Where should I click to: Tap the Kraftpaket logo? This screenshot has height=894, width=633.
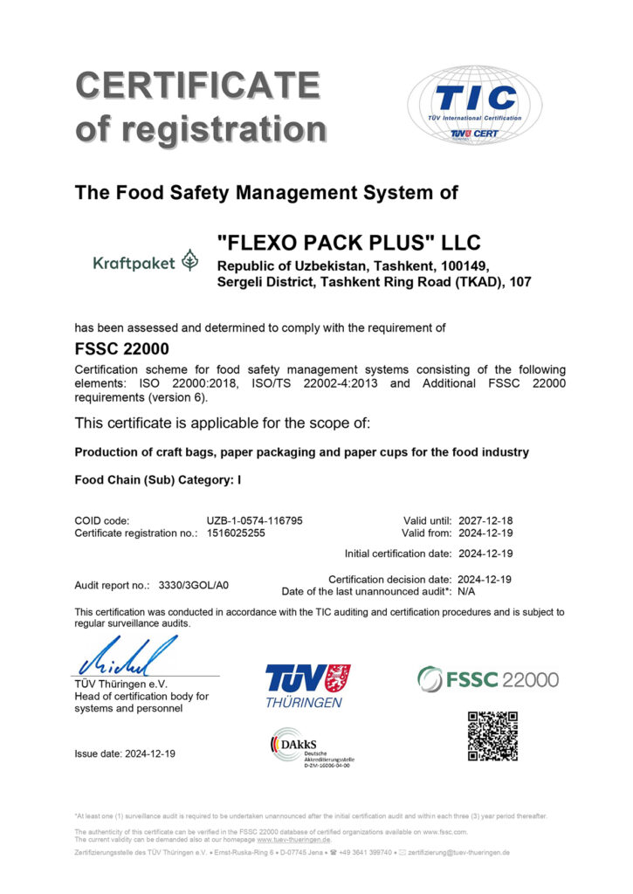[146, 261]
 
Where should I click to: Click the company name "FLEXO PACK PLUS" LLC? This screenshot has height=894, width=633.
[348, 242]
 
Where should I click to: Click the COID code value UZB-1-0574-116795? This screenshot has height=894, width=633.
[254, 520]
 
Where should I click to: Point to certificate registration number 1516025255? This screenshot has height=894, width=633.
[236, 533]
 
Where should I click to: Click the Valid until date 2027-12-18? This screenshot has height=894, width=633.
[484, 520]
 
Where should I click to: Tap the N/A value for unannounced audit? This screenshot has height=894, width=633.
[467, 591]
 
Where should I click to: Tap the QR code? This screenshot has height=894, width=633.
[492, 736]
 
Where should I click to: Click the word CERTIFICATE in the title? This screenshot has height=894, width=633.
[197, 85]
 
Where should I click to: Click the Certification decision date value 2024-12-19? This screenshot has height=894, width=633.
[484, 579]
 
